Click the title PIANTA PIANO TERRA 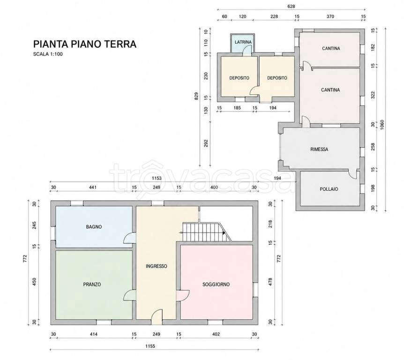[85, 44]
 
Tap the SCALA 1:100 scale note [48, 54]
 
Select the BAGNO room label [94, 227]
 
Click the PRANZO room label [92, 285]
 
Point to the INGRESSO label [157, 266]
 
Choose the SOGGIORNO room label [216, 285]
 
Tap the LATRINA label [243, 42]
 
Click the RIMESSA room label [319, 149]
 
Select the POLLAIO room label [329, 189]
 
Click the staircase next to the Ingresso [207, 232]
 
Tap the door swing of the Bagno [130, 238]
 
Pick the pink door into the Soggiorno [183, 295]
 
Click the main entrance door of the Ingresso [157, 317]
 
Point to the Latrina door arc [247, 50]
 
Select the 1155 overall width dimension [150, 346]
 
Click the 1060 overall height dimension [382, 125]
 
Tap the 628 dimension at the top [291, 7]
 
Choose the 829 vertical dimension [196, 97]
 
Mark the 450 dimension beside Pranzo [35, 282]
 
